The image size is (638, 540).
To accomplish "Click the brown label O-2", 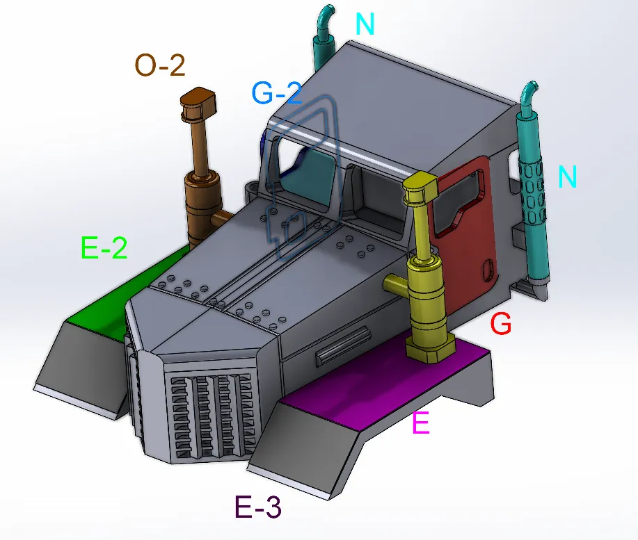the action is [x=160, y=65].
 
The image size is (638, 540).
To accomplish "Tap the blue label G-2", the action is [x=277, y=92].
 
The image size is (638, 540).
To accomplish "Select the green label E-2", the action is [x=104, y=247].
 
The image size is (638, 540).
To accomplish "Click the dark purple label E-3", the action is [x=258, y=506].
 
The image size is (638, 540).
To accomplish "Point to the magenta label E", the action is [x=421, y=423].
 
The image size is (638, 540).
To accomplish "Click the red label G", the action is [x=500, y=323].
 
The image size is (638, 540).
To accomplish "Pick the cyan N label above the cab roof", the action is [x=365, y=24].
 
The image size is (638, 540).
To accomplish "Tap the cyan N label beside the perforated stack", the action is [x=567, y=177].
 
